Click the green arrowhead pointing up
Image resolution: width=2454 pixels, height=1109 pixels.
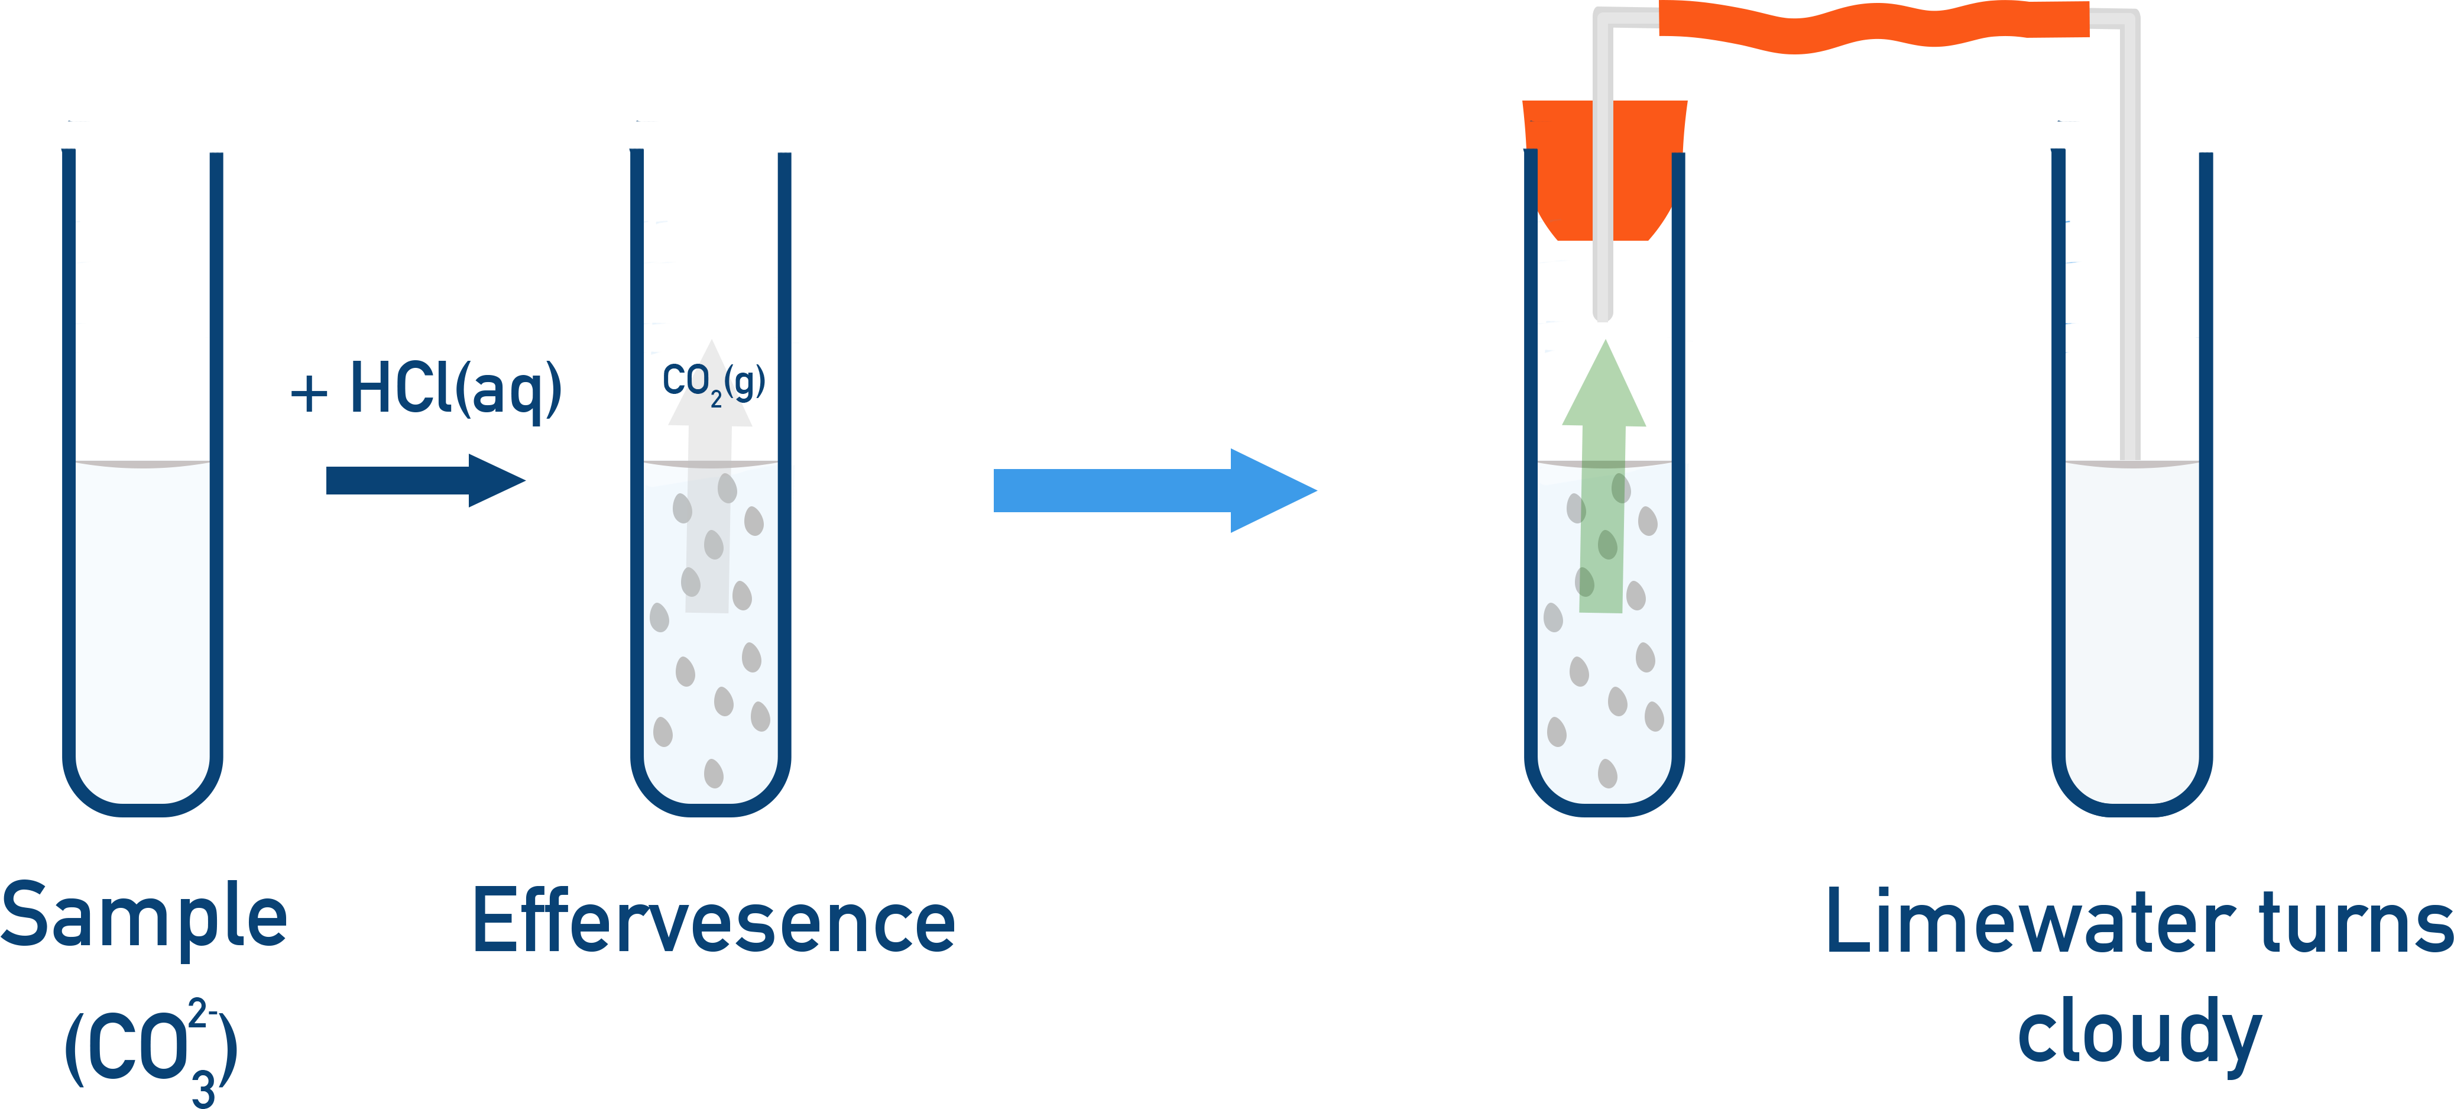1604,390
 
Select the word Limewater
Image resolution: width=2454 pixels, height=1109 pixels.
2029,922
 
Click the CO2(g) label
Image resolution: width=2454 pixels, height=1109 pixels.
710,383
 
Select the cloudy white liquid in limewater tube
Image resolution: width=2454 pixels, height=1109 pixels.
2132,619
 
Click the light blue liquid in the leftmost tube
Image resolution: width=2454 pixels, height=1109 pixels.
143,629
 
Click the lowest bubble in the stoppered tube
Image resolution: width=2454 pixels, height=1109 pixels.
1607,772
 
